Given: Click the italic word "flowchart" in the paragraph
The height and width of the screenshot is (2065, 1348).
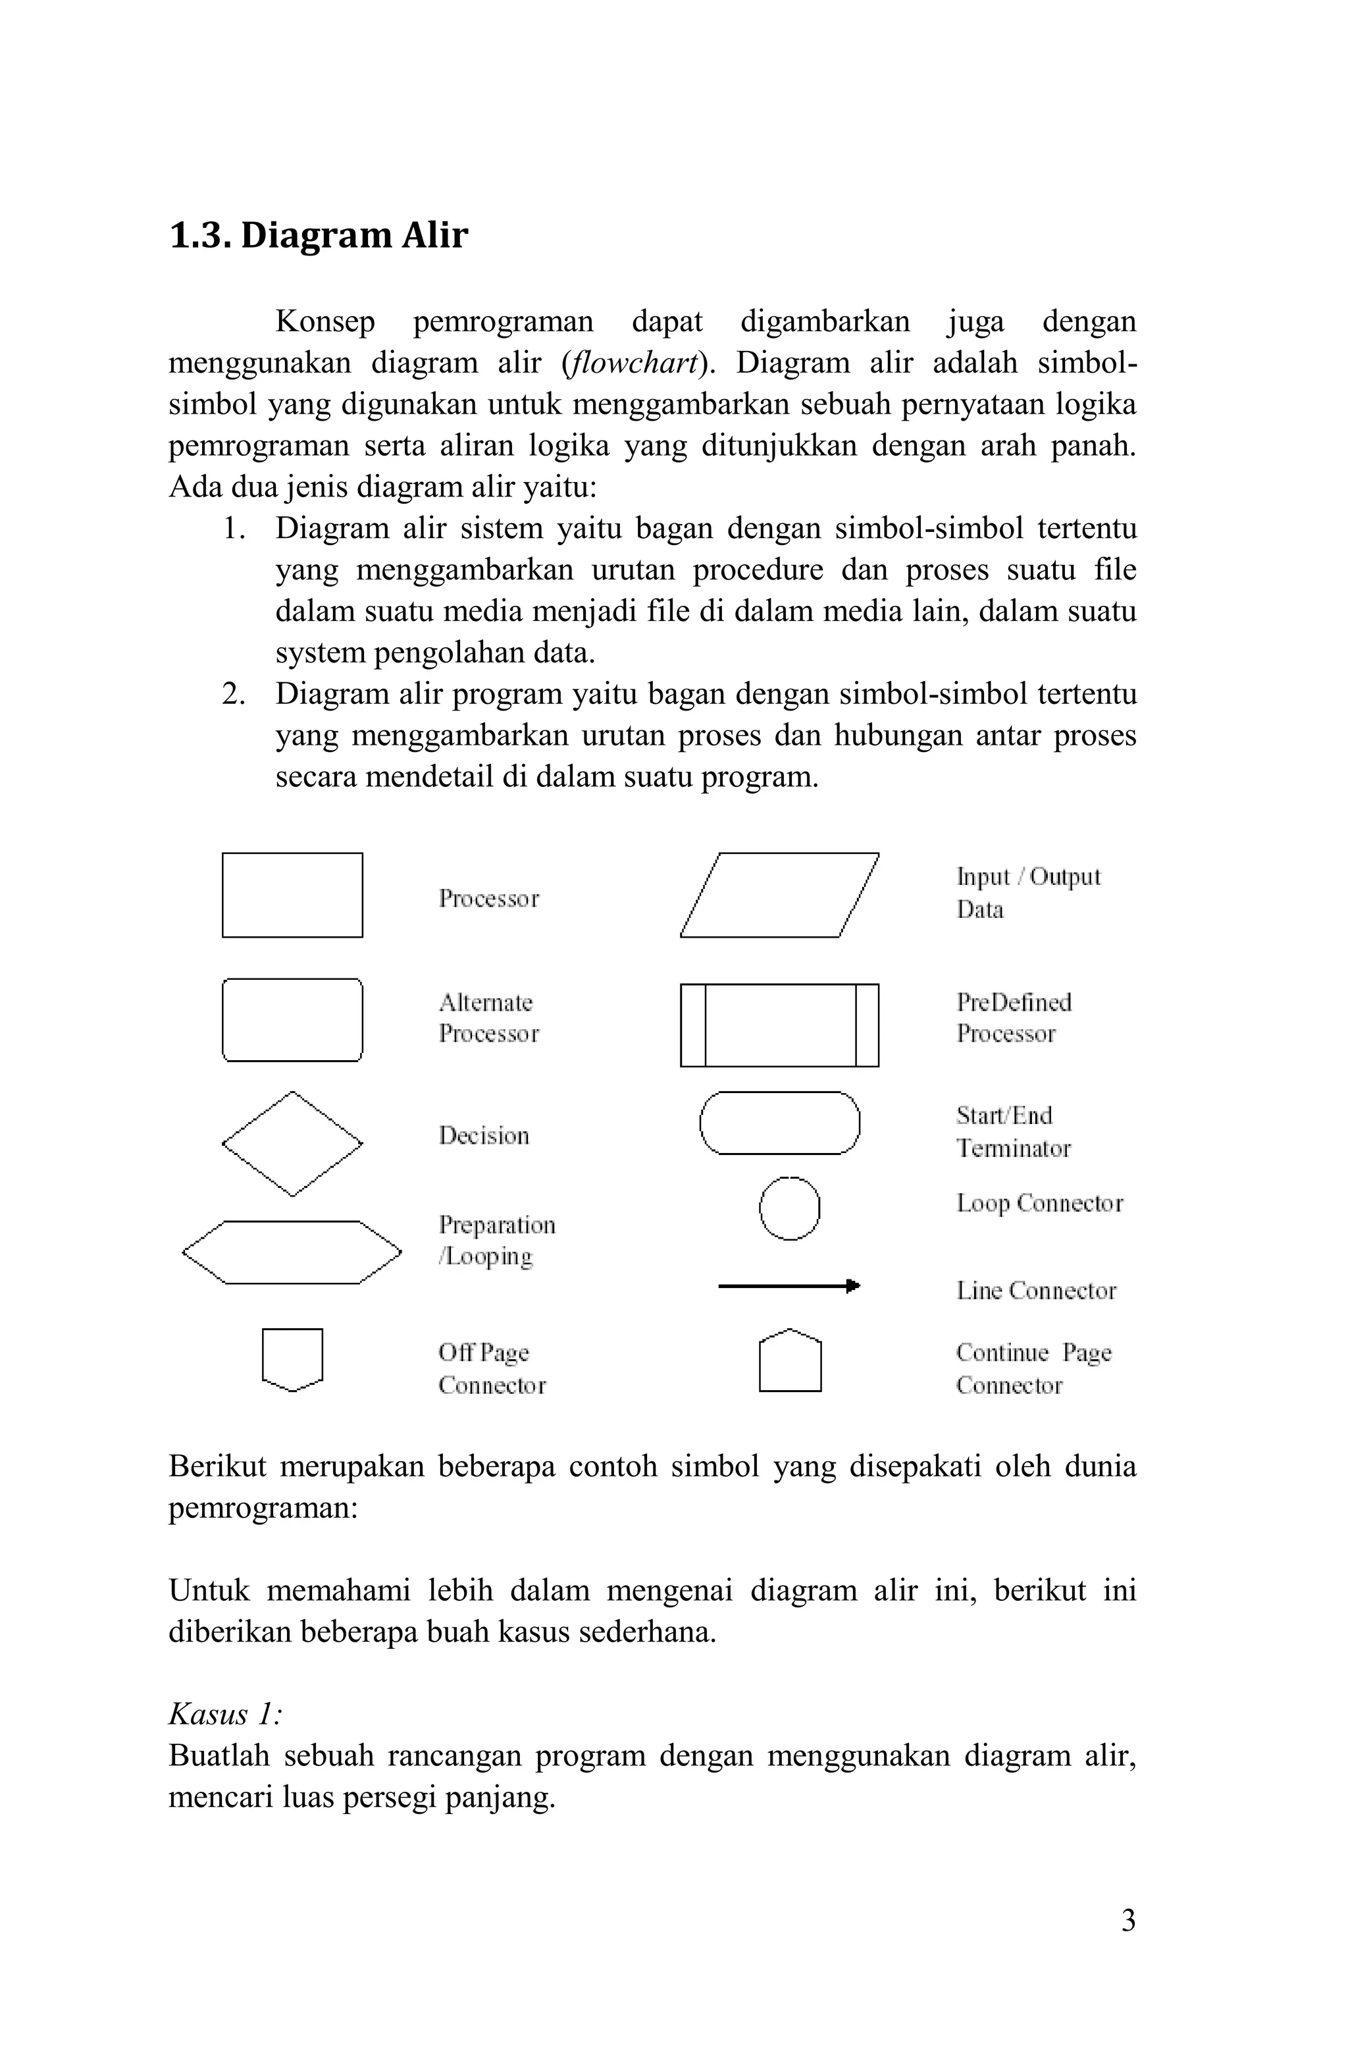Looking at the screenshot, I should pyautogui.click(x=631, y=363).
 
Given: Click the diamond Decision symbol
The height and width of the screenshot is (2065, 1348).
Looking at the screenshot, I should pyautogui.click(x=292, y=1144).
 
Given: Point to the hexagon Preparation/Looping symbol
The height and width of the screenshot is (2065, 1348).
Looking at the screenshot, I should pyautogui.click(x=292, y=1252).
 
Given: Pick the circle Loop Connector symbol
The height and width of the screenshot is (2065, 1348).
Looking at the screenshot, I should pyautogui.click(x=789, y=1208).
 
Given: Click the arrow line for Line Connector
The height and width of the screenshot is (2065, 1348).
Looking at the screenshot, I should pyautogui.click(x=788, y=1285).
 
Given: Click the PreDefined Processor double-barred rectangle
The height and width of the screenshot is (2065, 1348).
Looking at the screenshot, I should pyautogui.click(x=779, y=1025).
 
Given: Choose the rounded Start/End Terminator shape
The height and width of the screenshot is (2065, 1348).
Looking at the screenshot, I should pyautogui.click(x=779, y=1123).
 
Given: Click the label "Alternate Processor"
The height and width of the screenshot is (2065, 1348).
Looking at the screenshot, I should pyautogui.click(x=488, y=1018).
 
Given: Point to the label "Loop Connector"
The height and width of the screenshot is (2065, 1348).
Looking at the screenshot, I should pyautogui.click(x=1039, y=1204).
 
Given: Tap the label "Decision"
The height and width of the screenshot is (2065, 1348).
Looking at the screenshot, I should pyautogui.click(x=483, y=1136).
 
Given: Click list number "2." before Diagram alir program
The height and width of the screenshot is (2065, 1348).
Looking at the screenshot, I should pyautogui.click(x=234, y=694).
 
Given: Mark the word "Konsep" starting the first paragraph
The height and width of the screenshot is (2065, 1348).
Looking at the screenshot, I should pyautogui.click(x=324, y=322).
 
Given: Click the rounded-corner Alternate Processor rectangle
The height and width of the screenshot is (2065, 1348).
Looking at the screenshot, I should pyautogui.click(x=292, y=1019).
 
